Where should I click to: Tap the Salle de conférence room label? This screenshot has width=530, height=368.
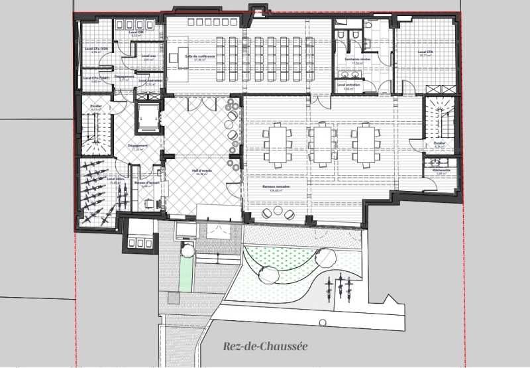(x=200, y=56)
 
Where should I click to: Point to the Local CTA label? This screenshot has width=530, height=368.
(x=425, y=53)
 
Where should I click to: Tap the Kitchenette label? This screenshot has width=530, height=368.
(x=442, y=170)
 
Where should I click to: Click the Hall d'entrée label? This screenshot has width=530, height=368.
(x=201, y=171)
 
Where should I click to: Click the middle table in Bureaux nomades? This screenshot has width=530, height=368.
(x=321, y=144)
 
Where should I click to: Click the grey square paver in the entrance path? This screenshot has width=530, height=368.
(x=174, y=299)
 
